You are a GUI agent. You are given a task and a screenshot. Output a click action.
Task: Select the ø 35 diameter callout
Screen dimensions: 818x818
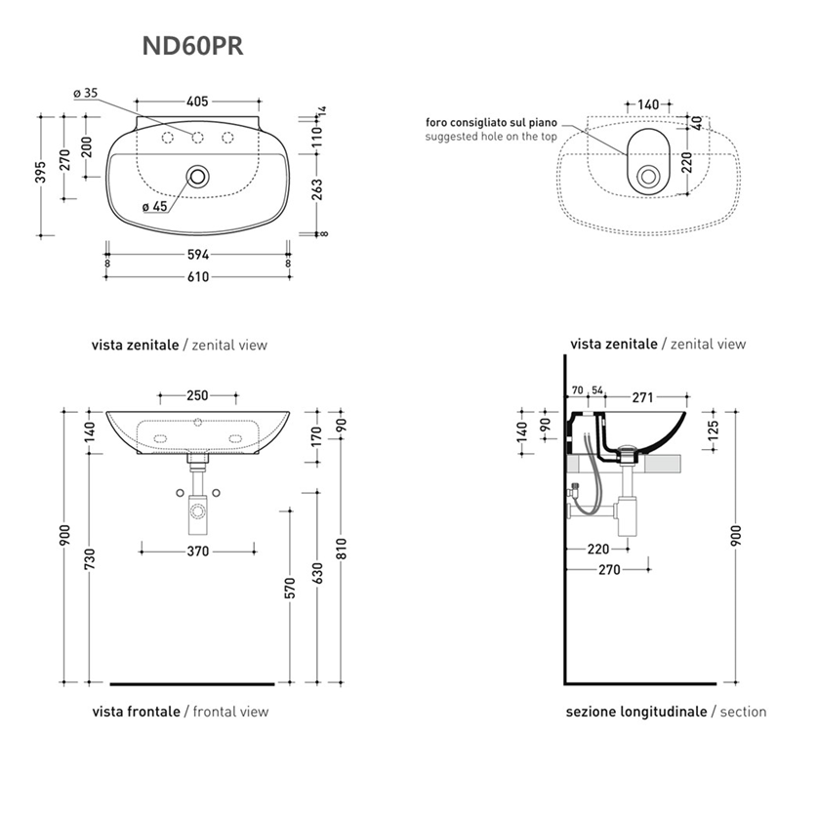click(86, 93)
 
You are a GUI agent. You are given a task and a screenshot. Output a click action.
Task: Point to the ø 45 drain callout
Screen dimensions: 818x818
click(154, 206)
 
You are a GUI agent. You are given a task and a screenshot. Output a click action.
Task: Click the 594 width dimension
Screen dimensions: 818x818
click(198, 256)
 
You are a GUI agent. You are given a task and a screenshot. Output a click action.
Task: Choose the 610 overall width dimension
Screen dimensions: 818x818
click(198, 276)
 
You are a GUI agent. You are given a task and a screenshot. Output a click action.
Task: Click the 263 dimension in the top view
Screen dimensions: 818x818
click(317, 190)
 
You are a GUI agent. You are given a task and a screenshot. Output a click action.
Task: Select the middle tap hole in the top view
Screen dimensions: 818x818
click(198, 136)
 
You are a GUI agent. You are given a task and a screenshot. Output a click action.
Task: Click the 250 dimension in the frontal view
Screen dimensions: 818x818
click(198, 395)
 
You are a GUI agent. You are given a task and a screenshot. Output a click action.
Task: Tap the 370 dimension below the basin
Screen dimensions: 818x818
click(198, 552)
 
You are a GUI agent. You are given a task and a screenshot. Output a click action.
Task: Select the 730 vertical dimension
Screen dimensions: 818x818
click(89, 560)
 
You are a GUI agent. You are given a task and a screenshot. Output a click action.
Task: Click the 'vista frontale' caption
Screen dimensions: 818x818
click(136, 712)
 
